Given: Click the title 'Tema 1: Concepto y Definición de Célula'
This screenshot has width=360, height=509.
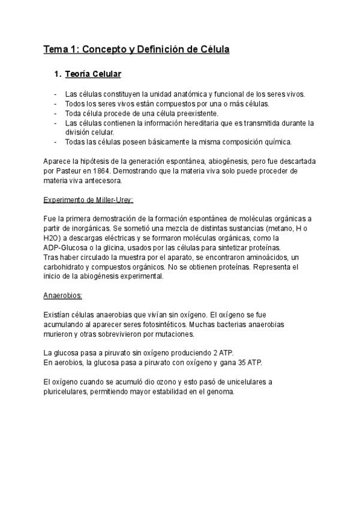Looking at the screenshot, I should pyautogui.click(x=136, y=49).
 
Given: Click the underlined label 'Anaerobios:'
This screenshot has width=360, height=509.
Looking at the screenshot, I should pyautogui.click(x=63, y=296).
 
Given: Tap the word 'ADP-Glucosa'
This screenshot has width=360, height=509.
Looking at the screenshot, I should pyautogui.click(x=66, y=248).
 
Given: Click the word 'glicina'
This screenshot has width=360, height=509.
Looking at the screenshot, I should pyautogui.click(x=127, y=248).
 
